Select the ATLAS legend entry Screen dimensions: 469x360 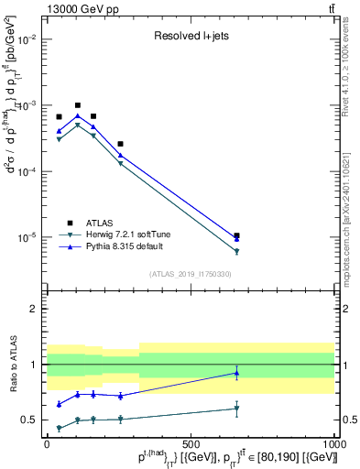[98, 223]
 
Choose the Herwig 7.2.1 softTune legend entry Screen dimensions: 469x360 [127, 234]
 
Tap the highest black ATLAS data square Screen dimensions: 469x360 [78, 105]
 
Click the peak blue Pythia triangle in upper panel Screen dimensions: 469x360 [78, 115]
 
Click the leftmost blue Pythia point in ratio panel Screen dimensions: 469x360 [60, 404]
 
